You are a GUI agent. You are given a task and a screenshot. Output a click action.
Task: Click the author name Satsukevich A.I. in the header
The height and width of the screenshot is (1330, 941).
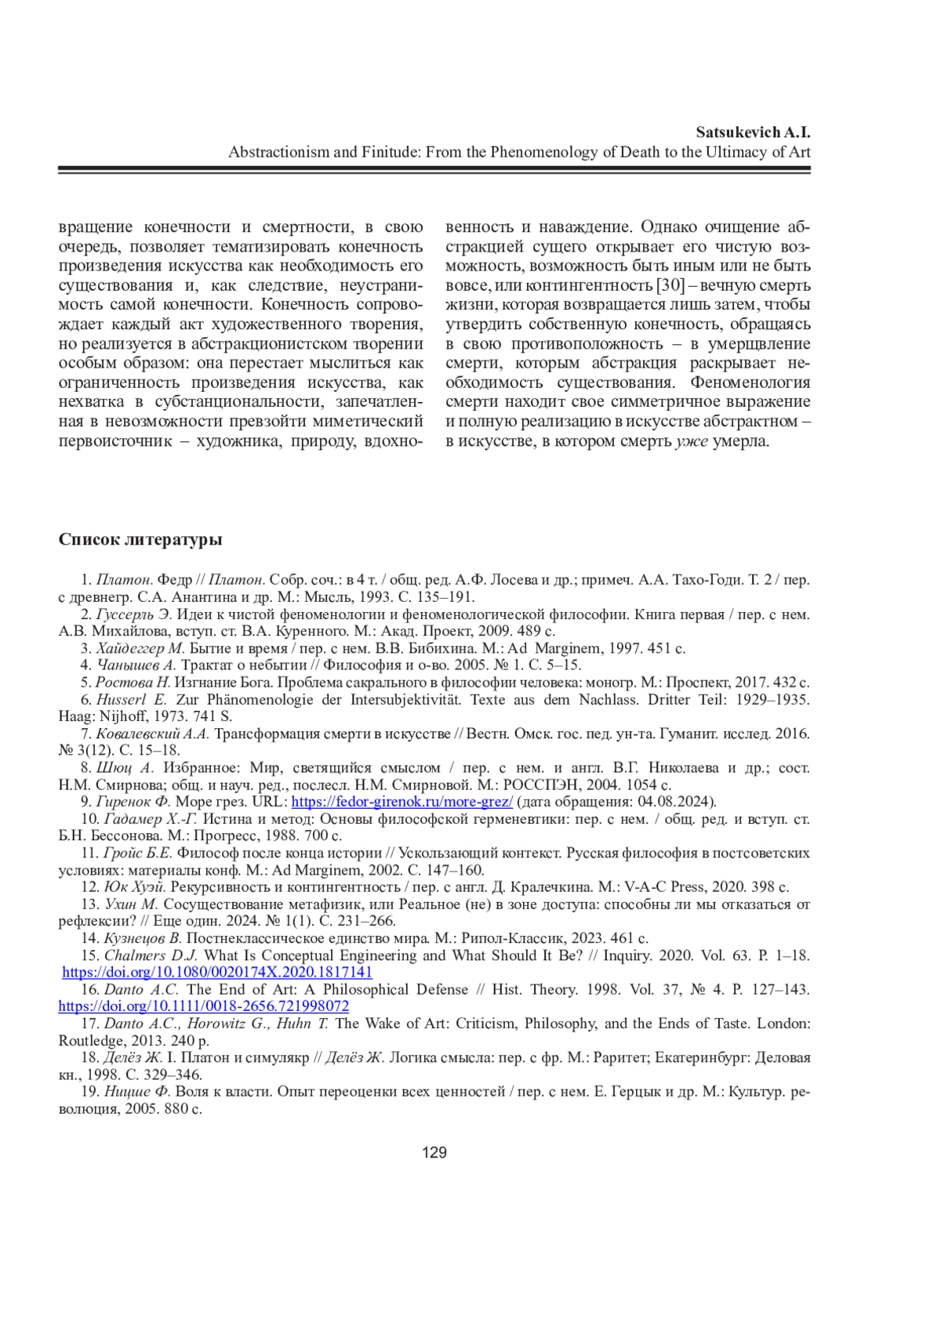[753, 132]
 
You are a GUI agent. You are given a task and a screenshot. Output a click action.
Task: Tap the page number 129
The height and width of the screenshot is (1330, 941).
[434, 1152]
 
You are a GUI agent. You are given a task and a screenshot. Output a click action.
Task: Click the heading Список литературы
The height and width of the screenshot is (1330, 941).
[140, 540]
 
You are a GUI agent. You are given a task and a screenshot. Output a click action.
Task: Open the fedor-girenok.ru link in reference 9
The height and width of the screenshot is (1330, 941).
[402, 802]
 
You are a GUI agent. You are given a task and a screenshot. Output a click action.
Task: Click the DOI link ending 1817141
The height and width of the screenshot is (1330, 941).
[217, 973]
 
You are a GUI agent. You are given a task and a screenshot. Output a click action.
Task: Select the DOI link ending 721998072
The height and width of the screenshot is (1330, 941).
[204, 1006]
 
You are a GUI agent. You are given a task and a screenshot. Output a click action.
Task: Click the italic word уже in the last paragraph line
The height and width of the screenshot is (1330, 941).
[692, 441]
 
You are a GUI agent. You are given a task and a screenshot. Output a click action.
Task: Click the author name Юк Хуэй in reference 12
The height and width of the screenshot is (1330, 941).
[135, 887]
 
